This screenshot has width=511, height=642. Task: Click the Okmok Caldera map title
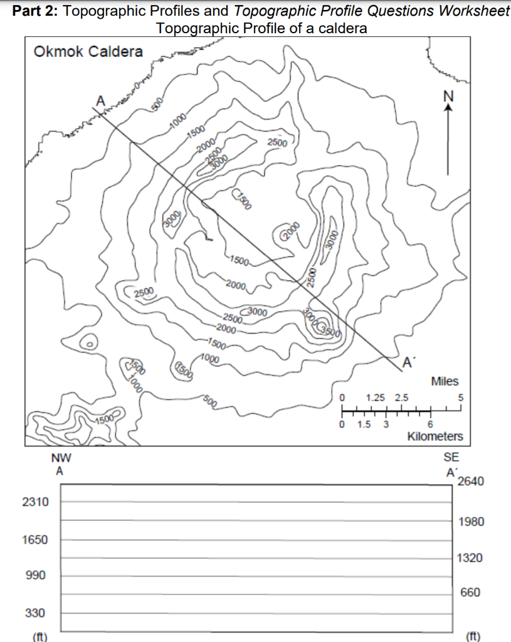tap(88, 52)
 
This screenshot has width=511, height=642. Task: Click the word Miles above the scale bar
tap(445, 381)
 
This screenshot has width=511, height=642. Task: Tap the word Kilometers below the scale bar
tap(435, 436)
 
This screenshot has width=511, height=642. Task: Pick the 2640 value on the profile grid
tap(471, 481)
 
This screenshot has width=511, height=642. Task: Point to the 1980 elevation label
tap(471, 522)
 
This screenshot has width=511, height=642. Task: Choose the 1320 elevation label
tap(471, 557)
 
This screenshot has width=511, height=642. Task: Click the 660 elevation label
tap(471, 592)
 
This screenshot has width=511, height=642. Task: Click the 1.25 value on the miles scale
tap(375, 397)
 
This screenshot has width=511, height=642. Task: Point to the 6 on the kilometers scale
tap(431, 424)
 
